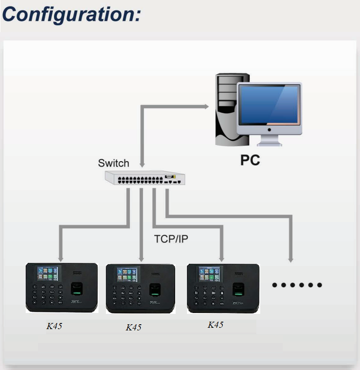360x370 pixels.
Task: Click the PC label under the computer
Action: click(x=250, y=160)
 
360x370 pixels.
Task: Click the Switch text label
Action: click(x=113, y=163)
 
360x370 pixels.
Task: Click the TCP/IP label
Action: click(x=171, y=239)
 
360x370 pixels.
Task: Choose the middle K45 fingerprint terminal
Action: click(x=141, y=289)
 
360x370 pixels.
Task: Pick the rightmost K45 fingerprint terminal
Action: click(x=223, y=289)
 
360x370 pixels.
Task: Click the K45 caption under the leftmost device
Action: click(x=54, y=326)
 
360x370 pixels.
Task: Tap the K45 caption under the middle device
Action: click(x=133, y=327)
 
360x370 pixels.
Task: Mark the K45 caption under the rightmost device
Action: click(x=215, y=325)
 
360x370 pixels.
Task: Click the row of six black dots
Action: click(x=297, y=285)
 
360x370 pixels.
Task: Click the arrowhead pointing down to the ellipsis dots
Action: click(x=291, y=259)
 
